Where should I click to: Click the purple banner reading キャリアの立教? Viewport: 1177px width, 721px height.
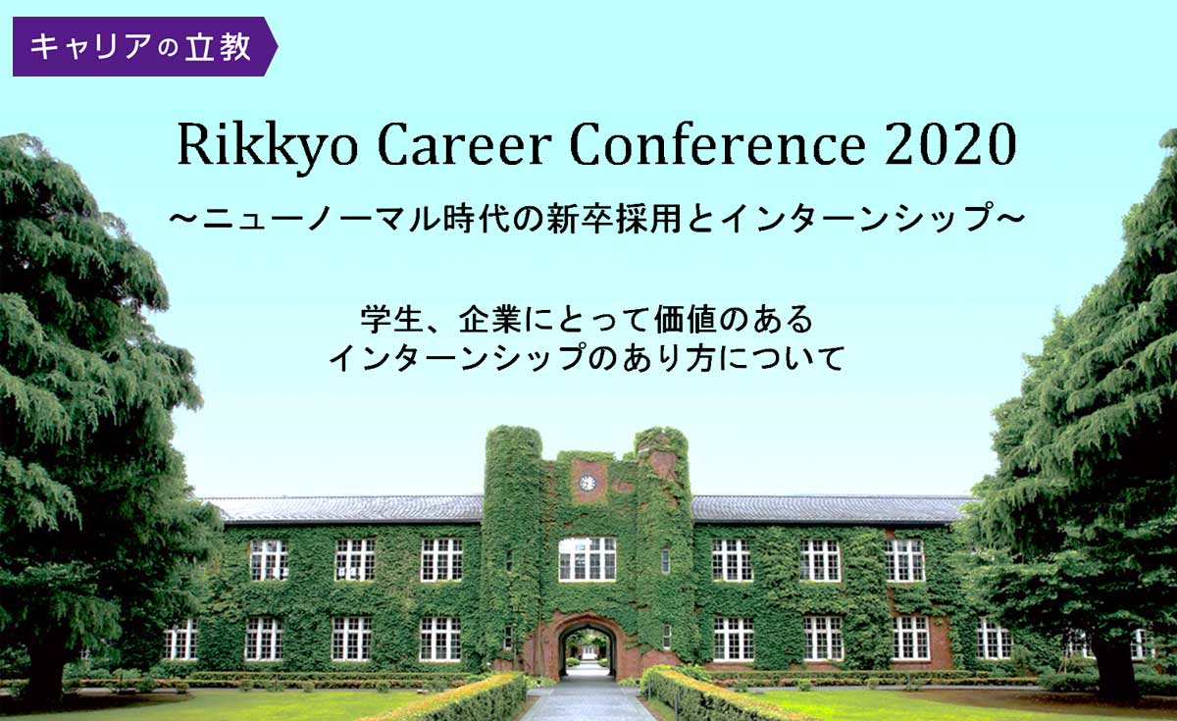click(x=144, y=47)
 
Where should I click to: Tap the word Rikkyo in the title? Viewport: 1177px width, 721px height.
click(x=268, y=146)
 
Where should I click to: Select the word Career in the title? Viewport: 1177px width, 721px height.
click(x=465, y=146)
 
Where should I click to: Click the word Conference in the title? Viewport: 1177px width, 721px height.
click(x=718, y=146)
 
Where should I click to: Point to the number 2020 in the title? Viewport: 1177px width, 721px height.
click(x=950, y=146)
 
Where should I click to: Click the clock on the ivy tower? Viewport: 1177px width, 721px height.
click(x=588, y=483)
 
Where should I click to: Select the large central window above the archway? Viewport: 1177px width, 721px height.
click(x=587, y=559)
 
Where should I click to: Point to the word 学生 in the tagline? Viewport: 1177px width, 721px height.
click(x=392, y=320)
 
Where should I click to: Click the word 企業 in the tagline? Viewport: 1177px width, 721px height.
click(x=490, y=320)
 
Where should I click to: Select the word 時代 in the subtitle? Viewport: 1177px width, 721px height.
click(x=477, y=219)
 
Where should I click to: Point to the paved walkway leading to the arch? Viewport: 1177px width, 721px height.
click(x=587, y=698)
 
